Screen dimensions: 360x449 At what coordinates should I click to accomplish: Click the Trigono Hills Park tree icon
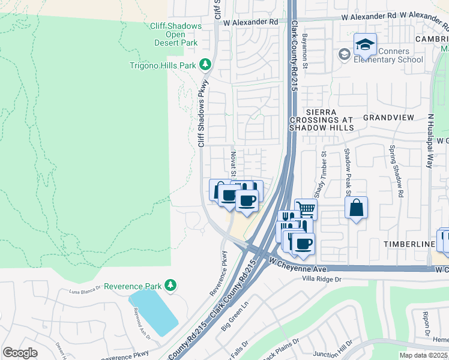(x=205, y=64)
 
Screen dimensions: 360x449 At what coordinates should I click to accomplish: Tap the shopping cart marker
(x=306, y=209)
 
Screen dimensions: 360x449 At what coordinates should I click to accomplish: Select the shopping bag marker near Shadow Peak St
(x=357, y=208)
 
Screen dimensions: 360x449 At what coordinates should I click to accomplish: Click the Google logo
(x=20, y=353)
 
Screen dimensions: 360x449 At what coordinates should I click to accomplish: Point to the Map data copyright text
(x=424, y=355)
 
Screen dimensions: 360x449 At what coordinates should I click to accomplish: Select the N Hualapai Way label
(x=430, y=140)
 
